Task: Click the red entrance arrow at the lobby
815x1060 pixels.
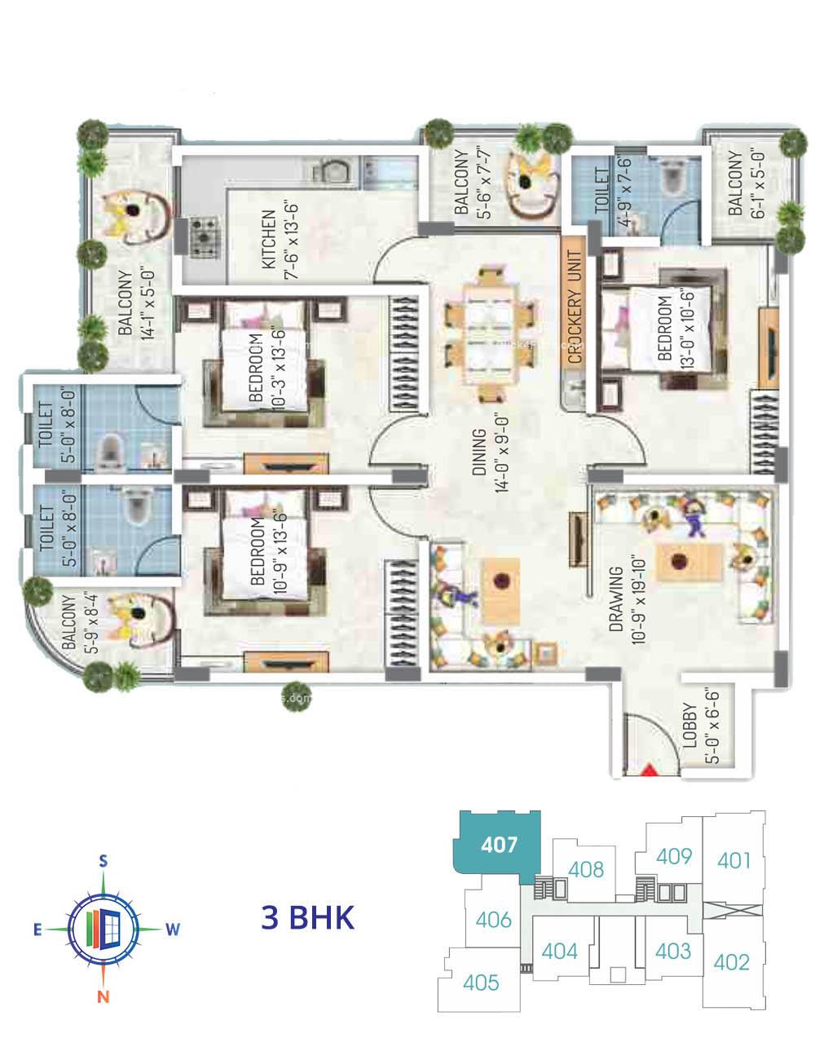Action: coord(650,769)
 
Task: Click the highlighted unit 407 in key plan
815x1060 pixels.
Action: coord(499,844)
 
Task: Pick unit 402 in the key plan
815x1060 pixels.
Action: coord(731,962)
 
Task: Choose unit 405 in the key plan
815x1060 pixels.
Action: coord(481,983)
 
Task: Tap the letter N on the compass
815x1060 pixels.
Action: coord(104,996)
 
